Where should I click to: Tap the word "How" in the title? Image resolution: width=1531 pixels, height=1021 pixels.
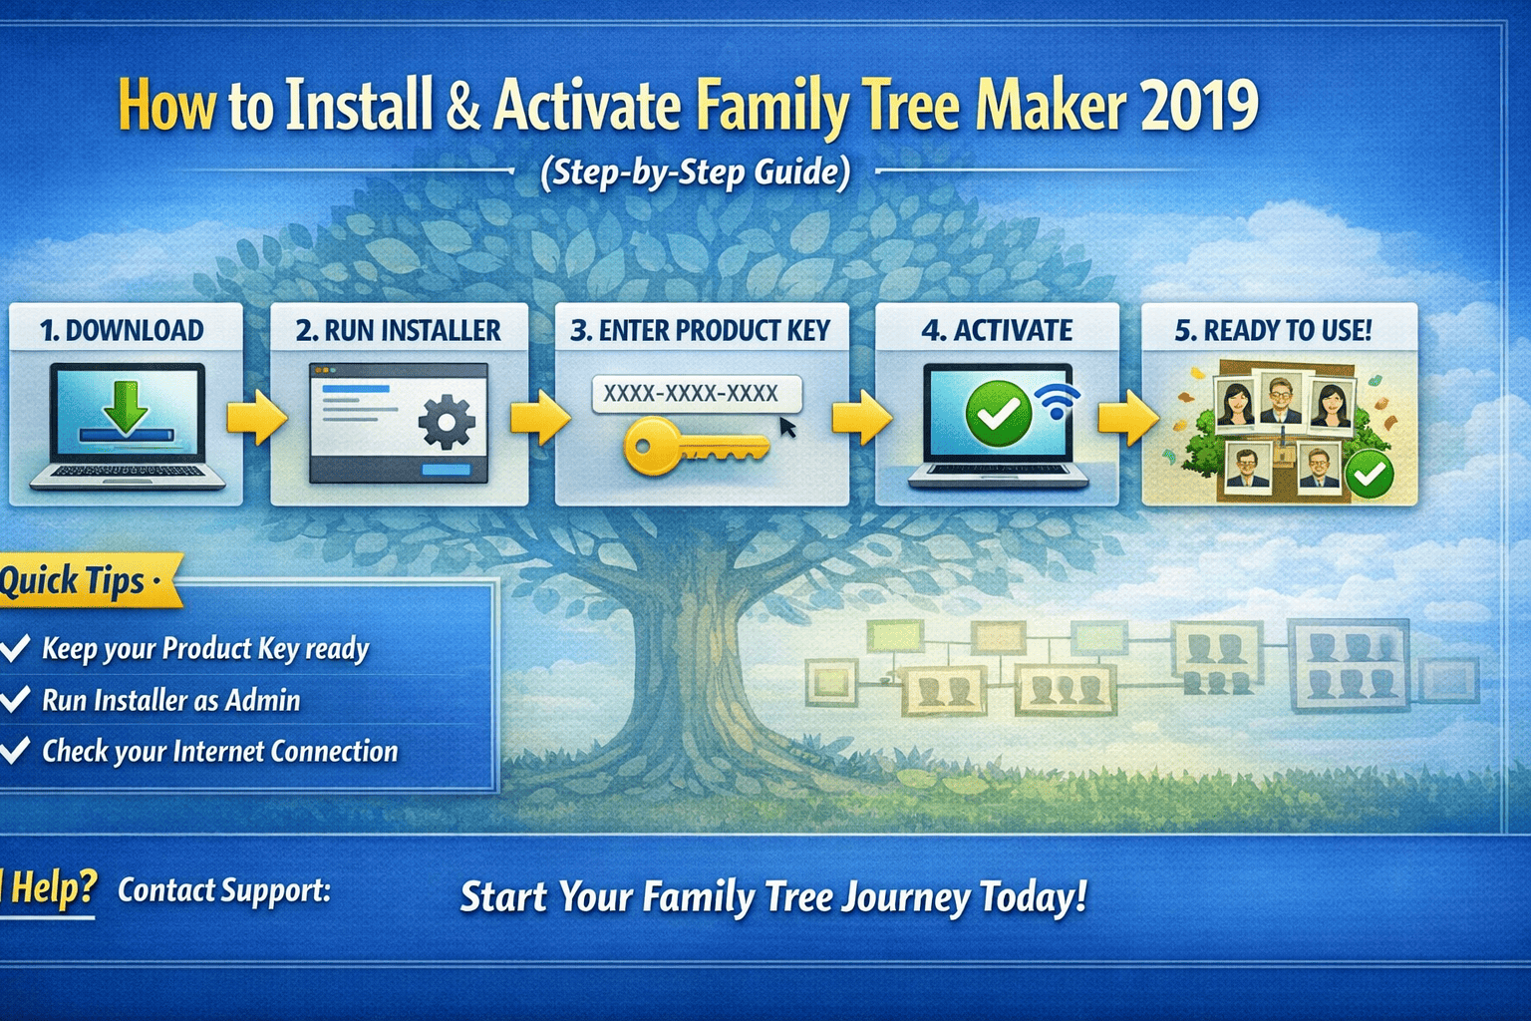pos(166,105)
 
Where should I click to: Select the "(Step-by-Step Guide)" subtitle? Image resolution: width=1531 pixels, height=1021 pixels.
pos(695,172)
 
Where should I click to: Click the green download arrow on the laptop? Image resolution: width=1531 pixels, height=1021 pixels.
pos(126,404)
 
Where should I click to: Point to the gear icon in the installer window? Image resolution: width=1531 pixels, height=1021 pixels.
pos(446,421)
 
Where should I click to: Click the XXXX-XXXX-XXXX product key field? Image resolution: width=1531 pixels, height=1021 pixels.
pos(695,393)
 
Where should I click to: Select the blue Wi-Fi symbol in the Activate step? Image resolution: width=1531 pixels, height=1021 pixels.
pos(1057,401)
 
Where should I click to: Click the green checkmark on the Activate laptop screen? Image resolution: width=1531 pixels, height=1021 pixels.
pos(999,413)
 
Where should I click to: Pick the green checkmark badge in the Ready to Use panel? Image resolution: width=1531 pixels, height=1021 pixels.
pos(1370,473)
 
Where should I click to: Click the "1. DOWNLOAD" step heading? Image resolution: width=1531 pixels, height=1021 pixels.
pos(122,330)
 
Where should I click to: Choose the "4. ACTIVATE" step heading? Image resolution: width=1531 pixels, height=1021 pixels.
pos(997,330)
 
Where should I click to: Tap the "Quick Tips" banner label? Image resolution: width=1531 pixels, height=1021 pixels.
pos(80,580)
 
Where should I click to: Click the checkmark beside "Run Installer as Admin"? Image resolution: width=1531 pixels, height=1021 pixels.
pos(15,699)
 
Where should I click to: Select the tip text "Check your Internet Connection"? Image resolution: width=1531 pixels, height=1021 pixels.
pos(219,751)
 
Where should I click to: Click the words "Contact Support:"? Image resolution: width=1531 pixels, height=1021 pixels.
pos(224,889)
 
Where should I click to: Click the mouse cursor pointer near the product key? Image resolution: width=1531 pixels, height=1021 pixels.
pos(787,428)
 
